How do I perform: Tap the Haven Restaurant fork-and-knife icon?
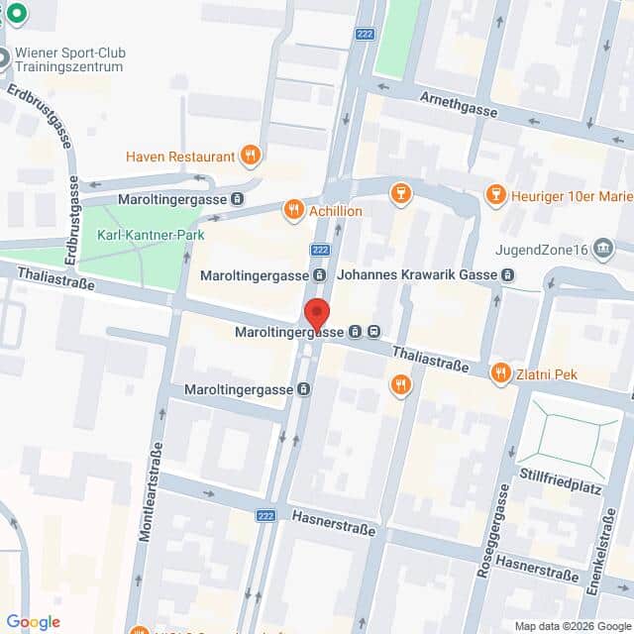point(250,156)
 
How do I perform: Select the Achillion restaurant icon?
point(292,210)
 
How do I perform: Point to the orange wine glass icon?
point(400,190)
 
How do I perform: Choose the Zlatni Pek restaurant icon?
point(500,373)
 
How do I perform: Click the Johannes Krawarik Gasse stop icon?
point(507,274)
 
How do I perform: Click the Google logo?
point(33,621)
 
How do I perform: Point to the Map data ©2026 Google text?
point(572,625)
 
